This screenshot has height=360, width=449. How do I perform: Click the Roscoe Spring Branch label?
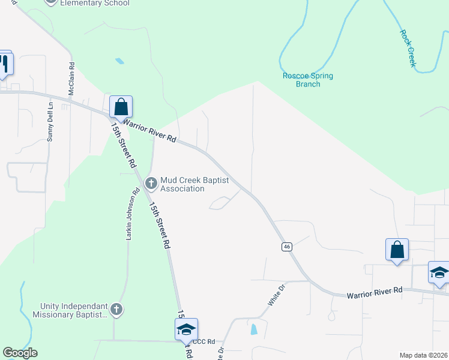click(x=308, y=80)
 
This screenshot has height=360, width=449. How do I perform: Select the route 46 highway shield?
click(x=288, y=247)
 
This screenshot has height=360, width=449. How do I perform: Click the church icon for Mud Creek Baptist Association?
click(x=151, y=182)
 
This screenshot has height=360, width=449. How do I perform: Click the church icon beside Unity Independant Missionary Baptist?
click(x=116, y=310)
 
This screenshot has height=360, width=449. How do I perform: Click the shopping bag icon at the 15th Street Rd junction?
click(x=121, y=107)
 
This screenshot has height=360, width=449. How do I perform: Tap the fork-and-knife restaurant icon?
click(x=4, y=63)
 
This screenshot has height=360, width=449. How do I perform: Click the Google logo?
click(x=20, y=353)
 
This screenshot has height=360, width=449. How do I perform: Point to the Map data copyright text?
click(x=424, y=355)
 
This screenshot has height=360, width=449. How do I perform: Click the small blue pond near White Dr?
click(x=254, y=328)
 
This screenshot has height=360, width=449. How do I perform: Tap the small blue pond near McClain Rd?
click(x=119, y=61)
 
